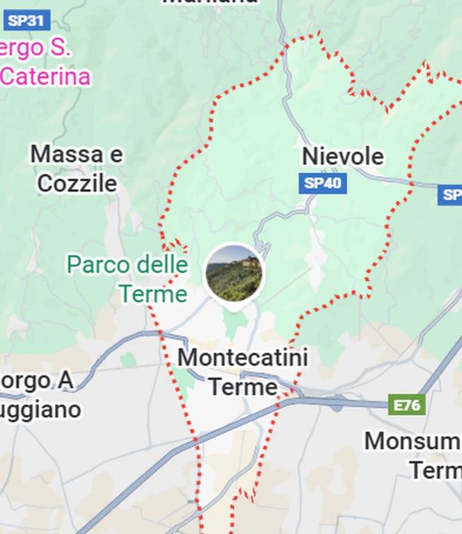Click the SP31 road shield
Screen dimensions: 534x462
click(26, 20)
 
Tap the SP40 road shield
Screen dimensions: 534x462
click(323, 184)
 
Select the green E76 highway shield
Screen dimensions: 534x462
click(407, 405)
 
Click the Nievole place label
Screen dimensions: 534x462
click(342, 156)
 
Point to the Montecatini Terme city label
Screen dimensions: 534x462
click(243, 372)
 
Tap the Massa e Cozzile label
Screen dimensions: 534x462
click(77, 169)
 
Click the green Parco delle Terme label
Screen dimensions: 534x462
click(128, 279)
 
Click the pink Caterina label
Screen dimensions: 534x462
click(46, 76)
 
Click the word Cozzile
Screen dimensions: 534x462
click(77, 184)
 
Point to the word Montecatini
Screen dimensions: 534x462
click(243, 358)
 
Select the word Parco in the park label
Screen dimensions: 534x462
click(98, 265)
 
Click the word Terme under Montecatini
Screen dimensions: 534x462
click(243, 387)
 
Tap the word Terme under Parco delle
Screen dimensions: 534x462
click(152, 293)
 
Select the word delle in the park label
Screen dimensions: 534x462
click(161, 265)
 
